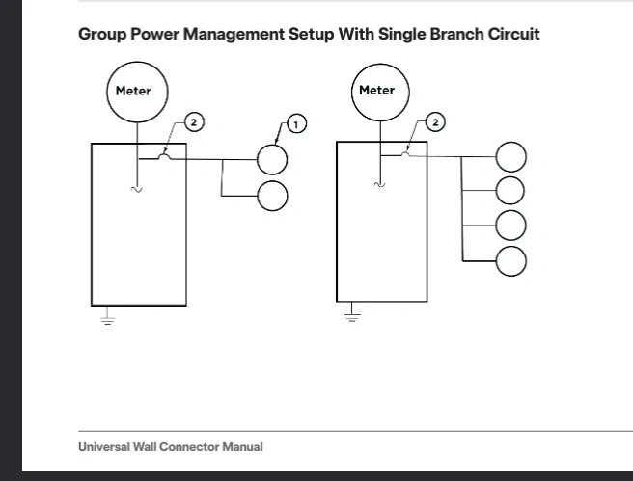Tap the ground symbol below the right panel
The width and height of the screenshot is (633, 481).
(x=352, y=314)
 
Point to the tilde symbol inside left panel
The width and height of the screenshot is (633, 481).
(x=137, y=189)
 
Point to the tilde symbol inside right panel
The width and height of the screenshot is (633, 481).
(x=380, y=185)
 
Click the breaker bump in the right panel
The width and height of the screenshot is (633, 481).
(x=405, y=153)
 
